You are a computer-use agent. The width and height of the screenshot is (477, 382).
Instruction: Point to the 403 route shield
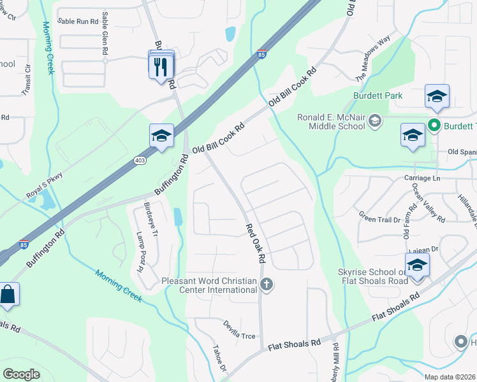(x=140, y=160)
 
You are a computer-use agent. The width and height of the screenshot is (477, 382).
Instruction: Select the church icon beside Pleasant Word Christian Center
(x=267, y=285)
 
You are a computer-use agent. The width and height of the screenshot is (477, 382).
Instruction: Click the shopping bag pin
(x=8, y=295)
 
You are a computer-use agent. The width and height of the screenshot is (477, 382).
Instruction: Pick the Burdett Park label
(x=378, y=95)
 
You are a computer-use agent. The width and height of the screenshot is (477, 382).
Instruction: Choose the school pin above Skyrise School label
(x=417, y=266)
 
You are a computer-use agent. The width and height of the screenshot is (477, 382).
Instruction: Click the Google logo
(x=22, y=374)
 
